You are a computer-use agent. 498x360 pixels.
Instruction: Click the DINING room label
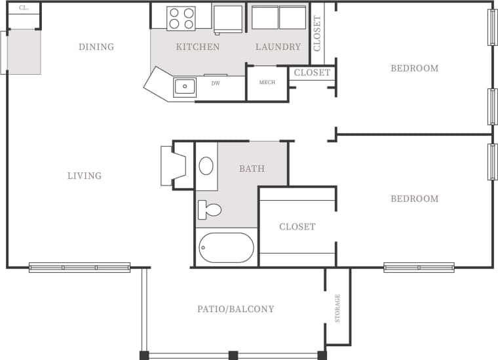click(x=96, y=47)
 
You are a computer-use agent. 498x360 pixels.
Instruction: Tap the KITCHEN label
click(x=197, y=47)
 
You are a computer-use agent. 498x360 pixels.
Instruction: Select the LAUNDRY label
click(x=278, y=47)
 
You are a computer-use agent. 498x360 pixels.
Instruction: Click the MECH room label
click(x=267, y=83)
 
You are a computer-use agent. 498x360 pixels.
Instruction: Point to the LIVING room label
click(x=85, y=176)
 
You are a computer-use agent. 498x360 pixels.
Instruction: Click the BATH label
click(x=252, y=169)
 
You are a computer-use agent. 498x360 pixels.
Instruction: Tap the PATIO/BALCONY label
click(x=236, y=309)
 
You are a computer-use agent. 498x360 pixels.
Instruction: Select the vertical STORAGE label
click(x=338, y=308)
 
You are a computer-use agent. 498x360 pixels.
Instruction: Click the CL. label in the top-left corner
click(x=24, y=8)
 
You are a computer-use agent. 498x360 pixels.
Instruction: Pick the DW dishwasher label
click(x=216, y=83)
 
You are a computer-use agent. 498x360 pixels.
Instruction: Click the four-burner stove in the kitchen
click(x=181, y=18)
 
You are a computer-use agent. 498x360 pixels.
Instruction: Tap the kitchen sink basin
click(x=185, y=87)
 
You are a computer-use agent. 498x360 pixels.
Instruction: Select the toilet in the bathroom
click(x=209, y=210)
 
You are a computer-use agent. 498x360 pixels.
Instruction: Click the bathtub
click(x=226, y=248)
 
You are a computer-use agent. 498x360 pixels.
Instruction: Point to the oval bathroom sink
click(x=206, y=166)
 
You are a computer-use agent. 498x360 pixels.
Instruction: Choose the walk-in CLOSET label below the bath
click(x=297, y=227)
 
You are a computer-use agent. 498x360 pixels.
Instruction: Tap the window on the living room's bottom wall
click(x=79, y=268)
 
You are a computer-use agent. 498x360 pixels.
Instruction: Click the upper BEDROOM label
click(x=414, y=68)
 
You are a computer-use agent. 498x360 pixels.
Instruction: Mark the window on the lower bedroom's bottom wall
click(x=419, y=268)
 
